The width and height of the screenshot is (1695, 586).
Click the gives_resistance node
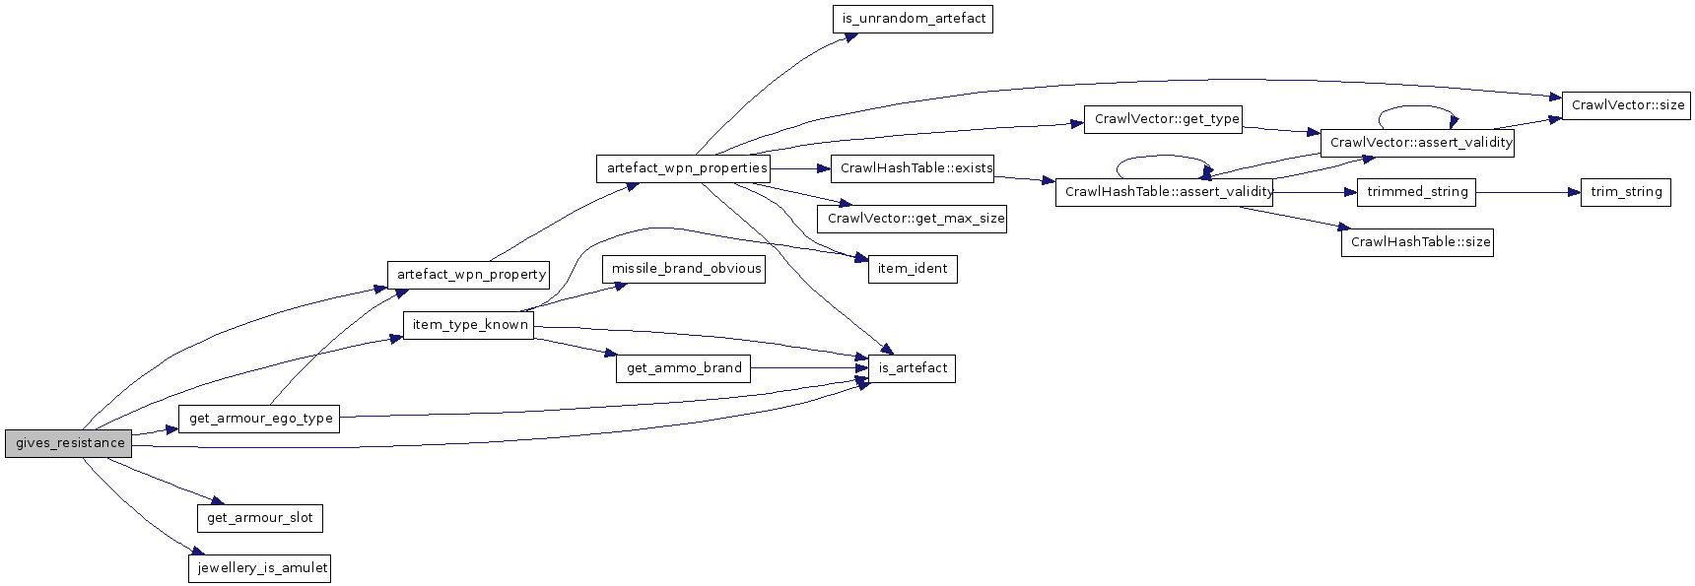(x=68, y=443)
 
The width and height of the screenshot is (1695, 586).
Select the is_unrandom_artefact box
(x=913, y=19)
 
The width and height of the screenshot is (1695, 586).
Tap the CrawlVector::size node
(x=1627, y=105)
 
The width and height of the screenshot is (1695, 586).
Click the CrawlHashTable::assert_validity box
(x=1165, y=192)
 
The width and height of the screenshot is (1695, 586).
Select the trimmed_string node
(x=1417, y=192)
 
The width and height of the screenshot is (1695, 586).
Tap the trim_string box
(x=1625, y=192)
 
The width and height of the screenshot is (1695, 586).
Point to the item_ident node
(x=913, y=269)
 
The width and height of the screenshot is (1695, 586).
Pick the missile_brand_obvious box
(x=686, y=269)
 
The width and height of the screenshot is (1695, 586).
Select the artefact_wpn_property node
(x=470, y=275)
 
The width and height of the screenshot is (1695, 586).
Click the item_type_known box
(x=469, y=325)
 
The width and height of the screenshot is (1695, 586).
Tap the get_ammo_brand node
(x=684, y=368)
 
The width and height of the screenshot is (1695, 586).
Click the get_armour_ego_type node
(x=260, y=419)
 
